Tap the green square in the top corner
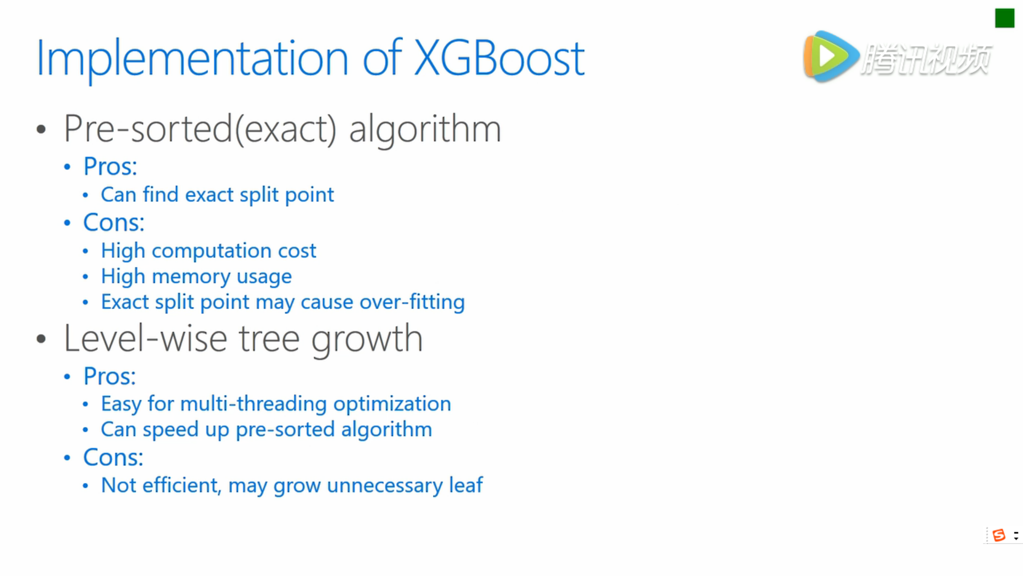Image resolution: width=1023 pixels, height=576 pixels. (x=1004, y=18)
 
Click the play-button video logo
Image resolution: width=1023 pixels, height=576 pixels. (x=831, y=56)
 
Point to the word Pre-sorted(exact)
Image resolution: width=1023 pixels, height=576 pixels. (x=200, y=129)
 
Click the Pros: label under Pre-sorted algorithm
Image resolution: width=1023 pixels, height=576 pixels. (x=110, y=166)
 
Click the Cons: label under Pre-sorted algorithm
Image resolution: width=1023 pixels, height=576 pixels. (x=113, y=222)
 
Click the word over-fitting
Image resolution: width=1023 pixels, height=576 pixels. (x=412, y=302)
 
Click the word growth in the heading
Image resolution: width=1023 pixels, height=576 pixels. (x=367, y=339)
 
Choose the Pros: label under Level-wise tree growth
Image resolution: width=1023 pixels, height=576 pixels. (x=110, y=377)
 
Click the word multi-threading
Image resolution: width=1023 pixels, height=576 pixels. (x=254, y=404)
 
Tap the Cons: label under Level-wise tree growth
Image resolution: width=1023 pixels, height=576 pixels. (x=113, y=458)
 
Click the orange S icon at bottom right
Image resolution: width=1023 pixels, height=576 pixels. (x=999, y=535)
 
